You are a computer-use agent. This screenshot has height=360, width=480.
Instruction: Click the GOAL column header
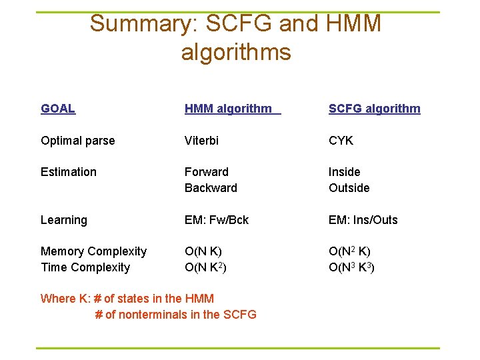click(x=58, y=109)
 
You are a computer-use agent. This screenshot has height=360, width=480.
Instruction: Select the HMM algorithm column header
click(x=229, y=109)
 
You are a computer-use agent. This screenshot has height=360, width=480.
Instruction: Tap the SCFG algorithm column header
click(x=374, y=109)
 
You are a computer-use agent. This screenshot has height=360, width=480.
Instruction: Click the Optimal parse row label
click(x=77, y=141)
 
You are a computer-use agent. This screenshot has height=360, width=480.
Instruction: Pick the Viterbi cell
click(x=201, y=141)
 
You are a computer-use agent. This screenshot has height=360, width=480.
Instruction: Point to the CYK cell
click(x=341, y=141)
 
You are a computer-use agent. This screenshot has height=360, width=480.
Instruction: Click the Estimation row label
click(x=69, y=172)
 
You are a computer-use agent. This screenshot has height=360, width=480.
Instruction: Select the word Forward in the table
click(x=207, y=172)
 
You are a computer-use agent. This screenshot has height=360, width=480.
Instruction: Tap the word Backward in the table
click(x=211, y=188)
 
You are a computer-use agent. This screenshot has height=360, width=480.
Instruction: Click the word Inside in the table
click(x=344, y=172)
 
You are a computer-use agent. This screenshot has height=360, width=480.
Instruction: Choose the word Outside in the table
click(x=349, y=188)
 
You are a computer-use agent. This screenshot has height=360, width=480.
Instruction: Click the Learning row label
click(x=64, y=220)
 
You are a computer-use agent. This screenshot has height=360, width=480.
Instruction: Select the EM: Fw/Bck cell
click(x=217, y=220)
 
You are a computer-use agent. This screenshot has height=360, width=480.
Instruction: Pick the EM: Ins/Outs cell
click(x=363, y=220)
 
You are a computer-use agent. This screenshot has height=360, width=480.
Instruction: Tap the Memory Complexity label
click(x=93, y=251)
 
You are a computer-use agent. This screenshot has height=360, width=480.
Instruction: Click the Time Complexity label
click(x=85, y=267)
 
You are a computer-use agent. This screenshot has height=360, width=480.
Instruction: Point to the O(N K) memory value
click(x=203, y=251)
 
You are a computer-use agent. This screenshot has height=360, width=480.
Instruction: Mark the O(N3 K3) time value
click(x=351, y=267)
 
